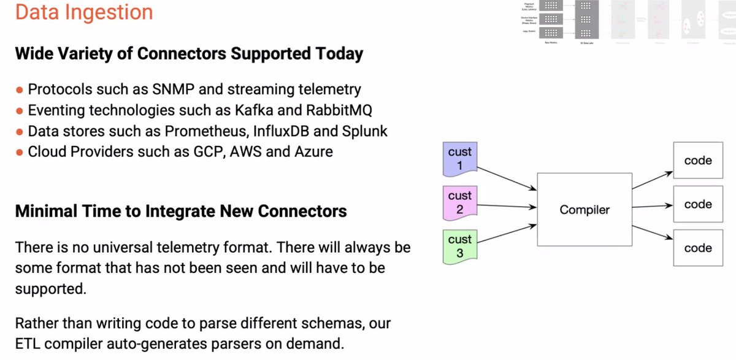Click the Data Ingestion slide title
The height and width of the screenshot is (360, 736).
pos(84,12)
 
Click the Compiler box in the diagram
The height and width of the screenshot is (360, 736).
pos(584,210)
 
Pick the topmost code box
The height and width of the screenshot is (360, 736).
pos(697,161)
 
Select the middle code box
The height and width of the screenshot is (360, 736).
pos(697,204)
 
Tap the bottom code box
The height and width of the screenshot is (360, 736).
pos(697,248)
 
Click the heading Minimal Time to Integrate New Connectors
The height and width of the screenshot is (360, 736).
pos(181,212)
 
